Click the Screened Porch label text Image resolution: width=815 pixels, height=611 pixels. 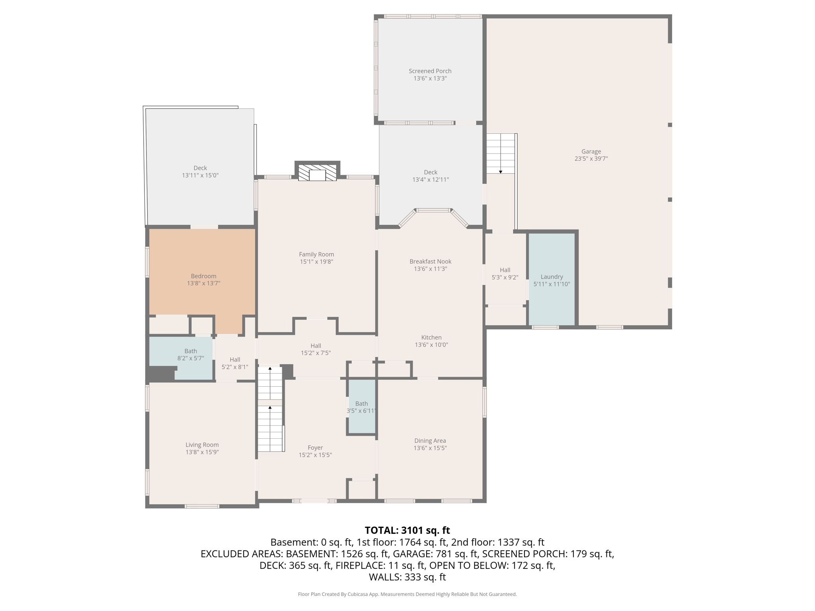coord(430,71)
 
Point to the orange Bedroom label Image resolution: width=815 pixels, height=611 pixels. coord(203,276)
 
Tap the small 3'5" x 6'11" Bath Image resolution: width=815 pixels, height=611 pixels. coord(362,407)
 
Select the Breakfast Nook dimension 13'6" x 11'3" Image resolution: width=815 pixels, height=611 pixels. coord(430,269)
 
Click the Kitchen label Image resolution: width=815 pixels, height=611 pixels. coord(431,337)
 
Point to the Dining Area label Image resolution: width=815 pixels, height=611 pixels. coord(430,440)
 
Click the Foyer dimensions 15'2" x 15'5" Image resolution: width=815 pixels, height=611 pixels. coord(315,455)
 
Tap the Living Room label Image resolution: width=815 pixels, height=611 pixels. coord(202,445)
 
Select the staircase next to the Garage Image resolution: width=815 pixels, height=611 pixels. coord(501,154)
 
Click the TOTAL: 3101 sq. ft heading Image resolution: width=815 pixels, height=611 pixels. coord(407,530)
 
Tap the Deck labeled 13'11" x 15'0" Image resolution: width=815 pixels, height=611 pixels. coord(200,171)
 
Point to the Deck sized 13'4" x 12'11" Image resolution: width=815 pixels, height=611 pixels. coord(430,176)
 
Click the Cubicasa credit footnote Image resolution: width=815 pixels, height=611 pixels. coord(407,594)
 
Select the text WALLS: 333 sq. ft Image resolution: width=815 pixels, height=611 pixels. coord(407,577)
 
